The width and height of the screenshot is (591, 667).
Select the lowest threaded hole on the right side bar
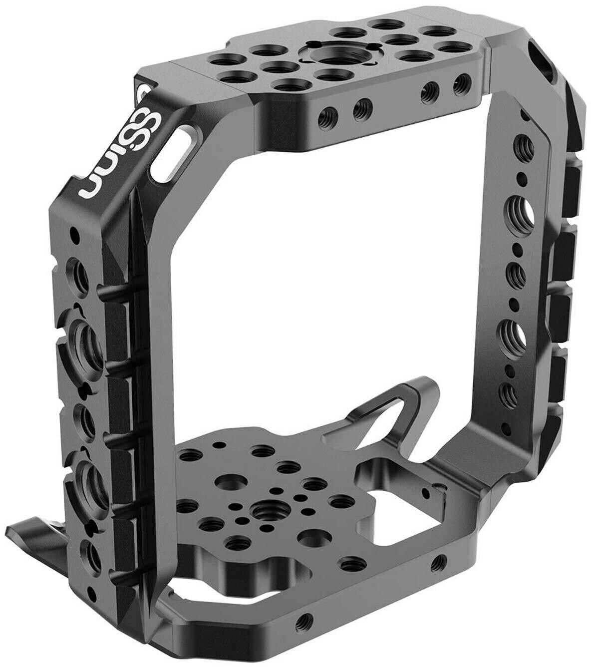pos(508,394)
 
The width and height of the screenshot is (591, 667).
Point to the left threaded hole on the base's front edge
pos(302,622)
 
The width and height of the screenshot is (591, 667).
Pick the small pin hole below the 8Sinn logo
pos(74,233)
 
